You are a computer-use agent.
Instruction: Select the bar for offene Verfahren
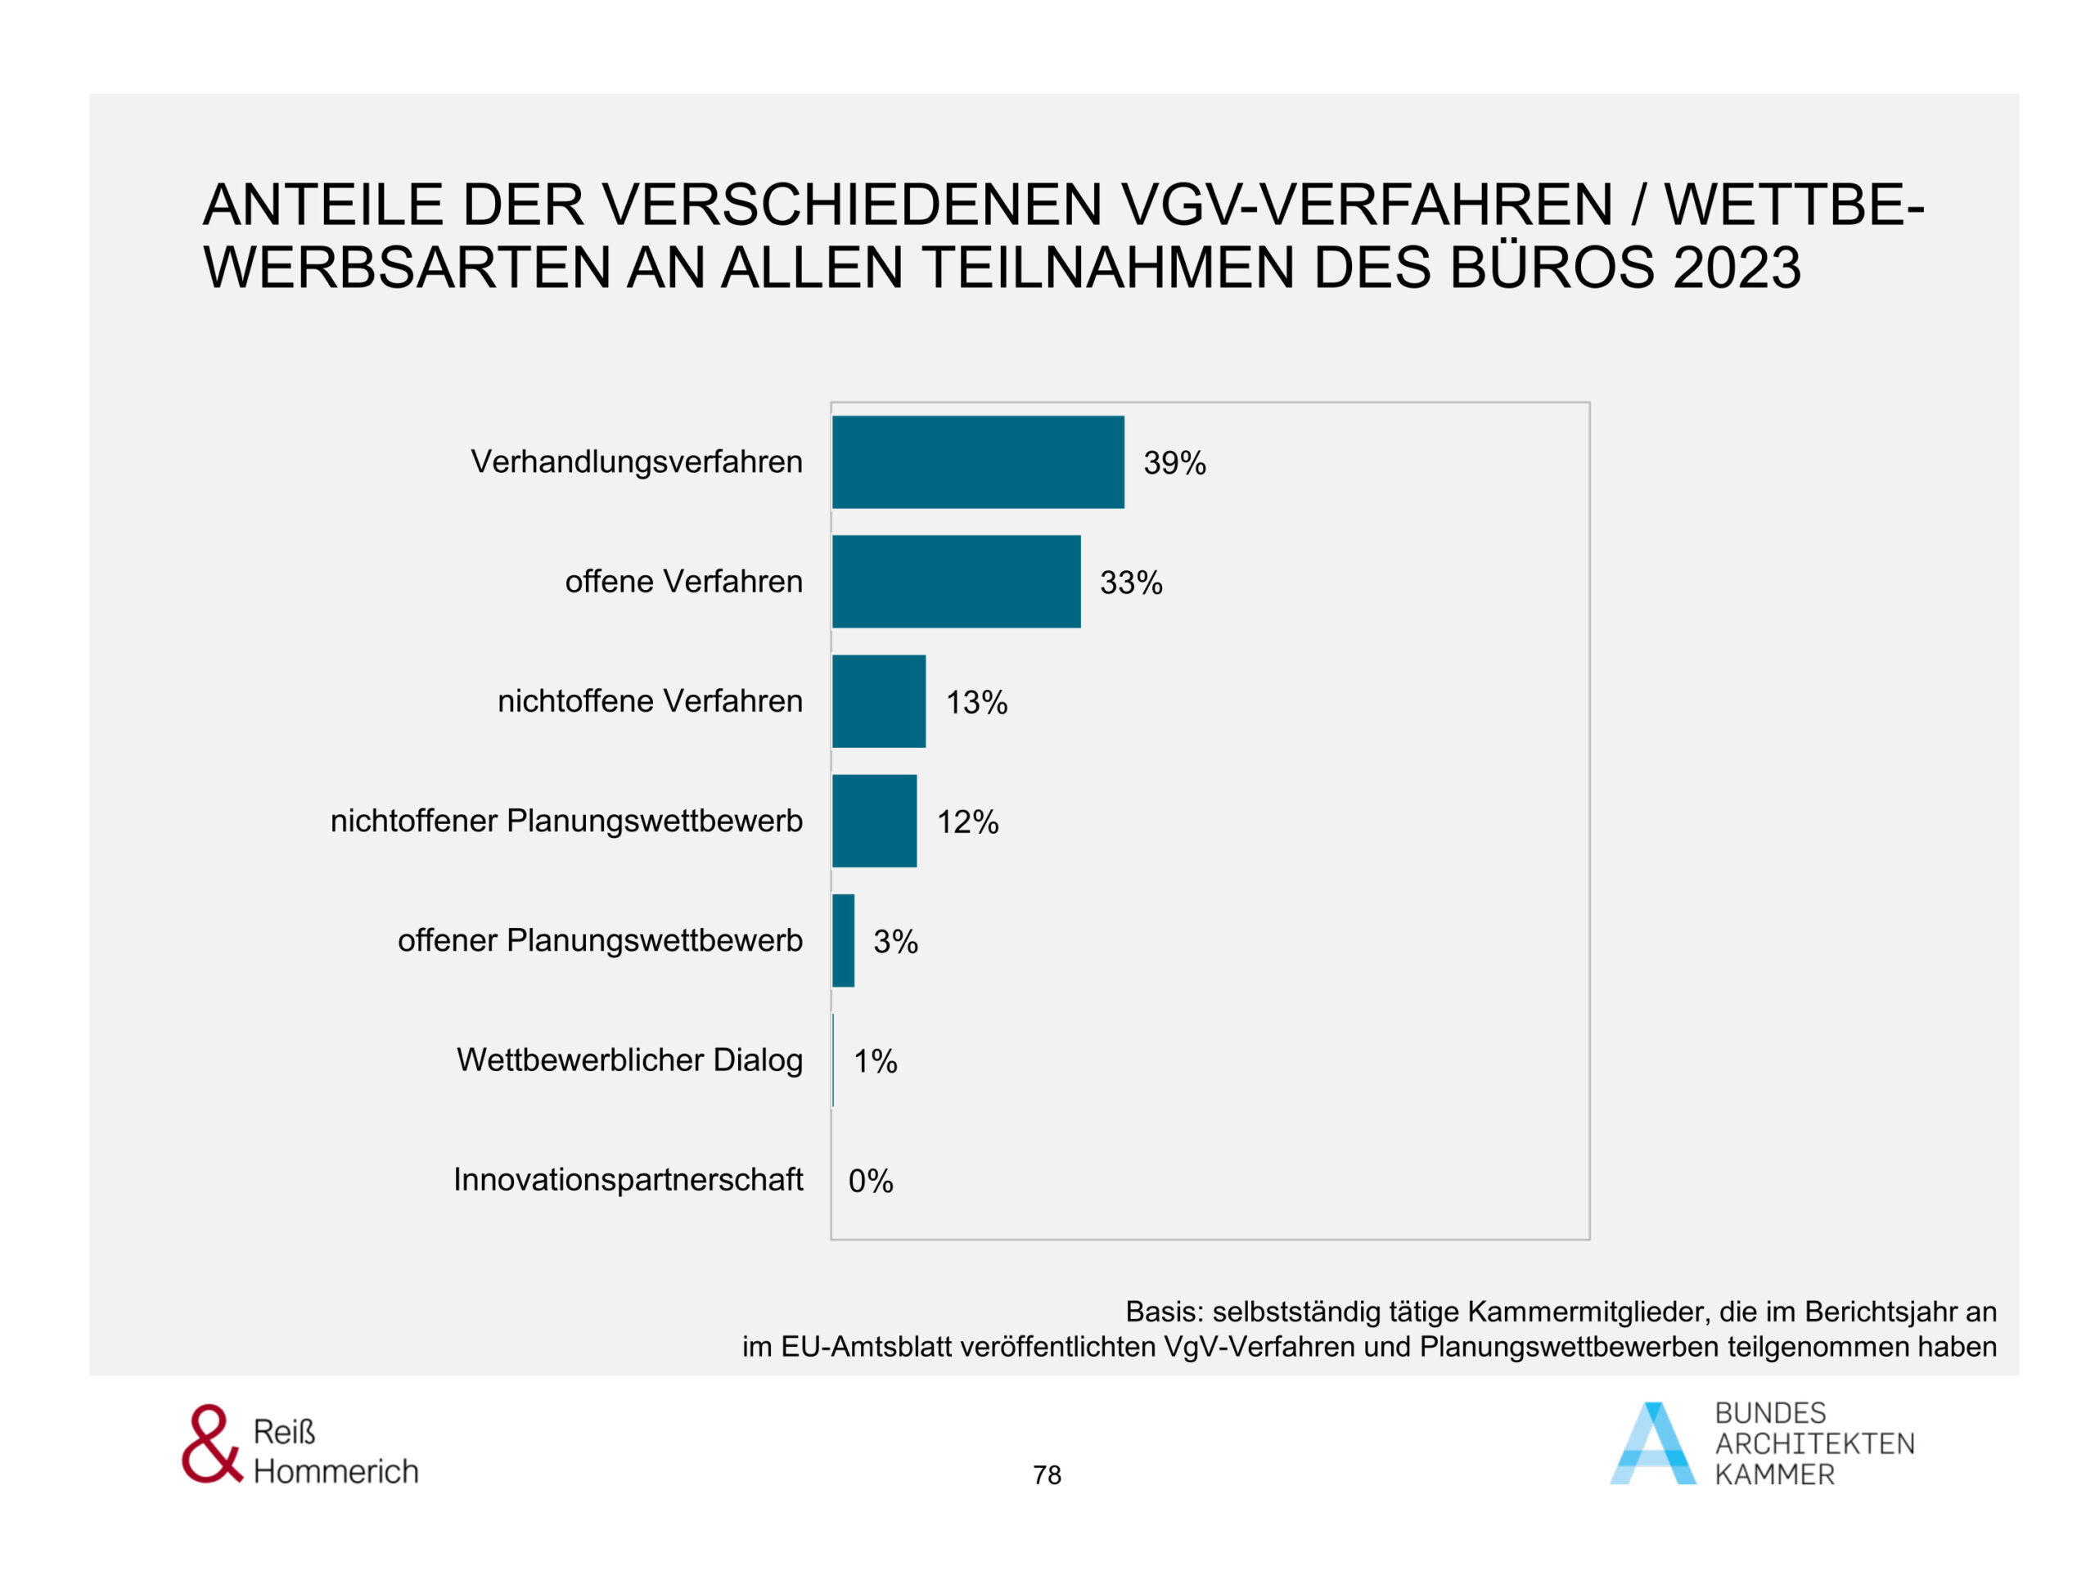(x=956, y=582)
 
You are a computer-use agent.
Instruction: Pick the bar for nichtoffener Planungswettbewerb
(x=873, y=821)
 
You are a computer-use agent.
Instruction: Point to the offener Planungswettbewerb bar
(x=843, y=940)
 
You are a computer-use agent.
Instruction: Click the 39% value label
(x=1174, y=463)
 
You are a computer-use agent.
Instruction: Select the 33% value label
(x=1131, y=583)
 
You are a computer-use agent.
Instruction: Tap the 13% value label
(x=976, y=703)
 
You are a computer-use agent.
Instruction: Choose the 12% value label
(x=967, y=822)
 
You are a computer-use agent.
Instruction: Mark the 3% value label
(x=895, y=941)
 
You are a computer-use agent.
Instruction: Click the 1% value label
(x=875, y=1061)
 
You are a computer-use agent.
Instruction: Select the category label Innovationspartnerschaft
(x=627, y=1180)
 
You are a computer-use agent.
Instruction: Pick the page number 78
(x=1047, y=1474)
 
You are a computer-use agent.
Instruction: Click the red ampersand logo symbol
(x=211, y=1444)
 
